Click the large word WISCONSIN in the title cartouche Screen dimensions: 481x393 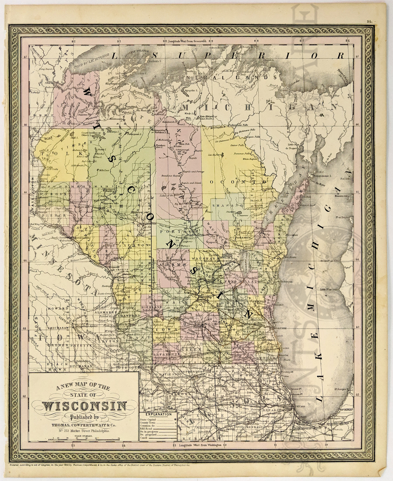84,406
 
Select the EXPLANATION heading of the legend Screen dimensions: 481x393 158,414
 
